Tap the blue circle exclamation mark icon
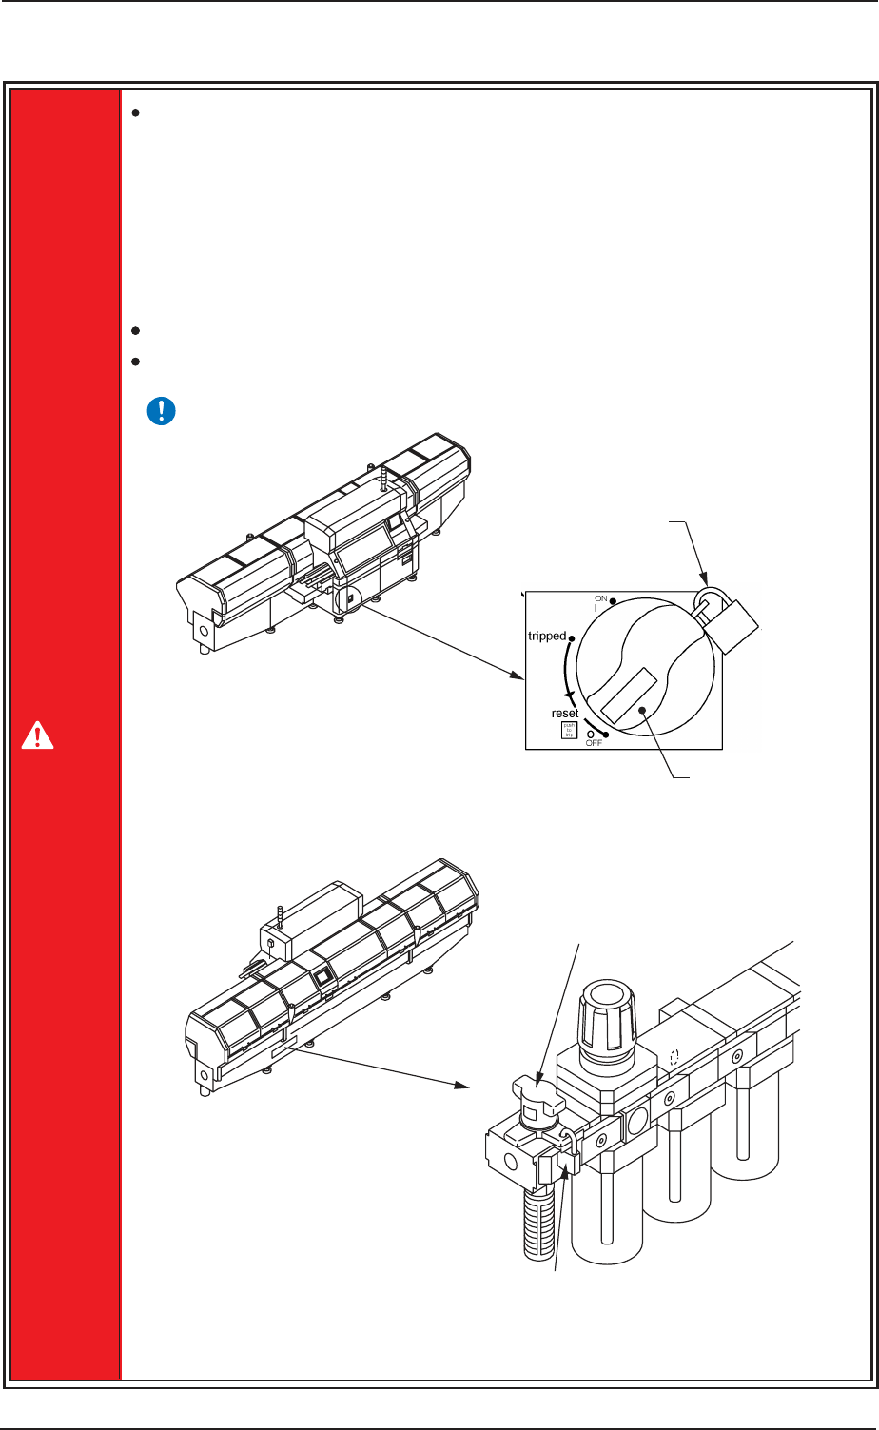point(162,411)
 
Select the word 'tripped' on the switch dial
point(548,636)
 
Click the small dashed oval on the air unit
point(673,1056)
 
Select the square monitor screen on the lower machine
point(324,976)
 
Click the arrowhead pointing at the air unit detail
point(465,1085)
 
